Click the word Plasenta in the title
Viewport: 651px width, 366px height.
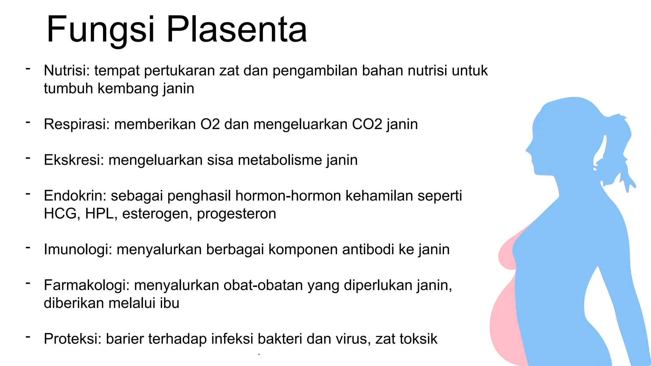237,30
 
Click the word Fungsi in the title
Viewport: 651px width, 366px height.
100,30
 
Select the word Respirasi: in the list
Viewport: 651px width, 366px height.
77,124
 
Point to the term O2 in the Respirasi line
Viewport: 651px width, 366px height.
210,124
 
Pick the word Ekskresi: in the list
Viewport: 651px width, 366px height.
74,160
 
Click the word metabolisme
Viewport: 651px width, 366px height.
279,160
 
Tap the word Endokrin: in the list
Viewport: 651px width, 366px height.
75,196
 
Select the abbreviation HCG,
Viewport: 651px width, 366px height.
62,213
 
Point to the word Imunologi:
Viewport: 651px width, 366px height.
78,249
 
